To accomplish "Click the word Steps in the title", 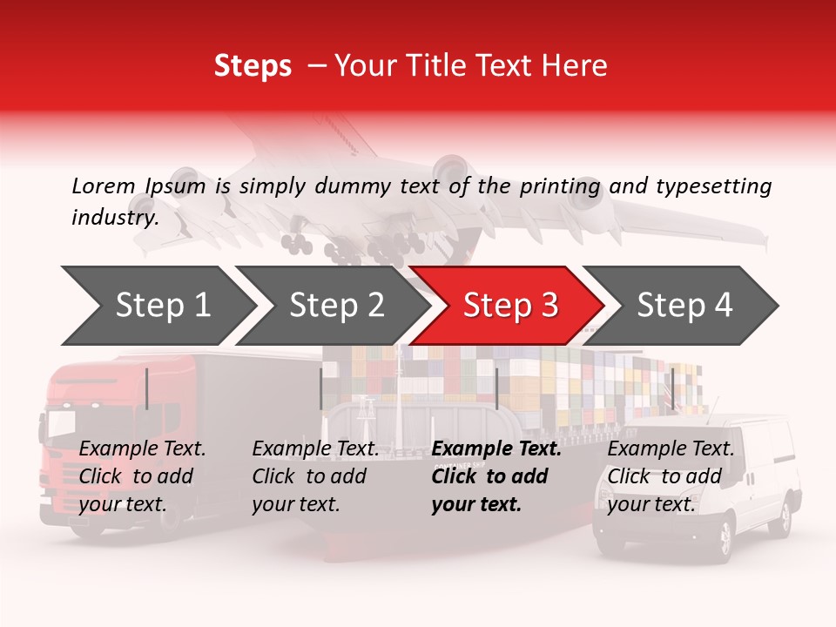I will (x=253, y=66).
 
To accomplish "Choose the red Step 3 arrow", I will (x=510, y=305).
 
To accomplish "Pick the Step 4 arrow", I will (x=684, y=305).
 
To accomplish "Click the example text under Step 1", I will (x=142, y=476).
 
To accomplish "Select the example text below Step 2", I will (x=315, y=476).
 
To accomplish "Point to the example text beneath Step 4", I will (x=671, y=476).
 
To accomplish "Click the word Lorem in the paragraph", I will (x=104, y=186).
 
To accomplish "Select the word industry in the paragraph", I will (x=114, y=218).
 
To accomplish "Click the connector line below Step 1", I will (x=147, y=388).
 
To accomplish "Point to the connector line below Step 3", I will (x=496, y=388).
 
